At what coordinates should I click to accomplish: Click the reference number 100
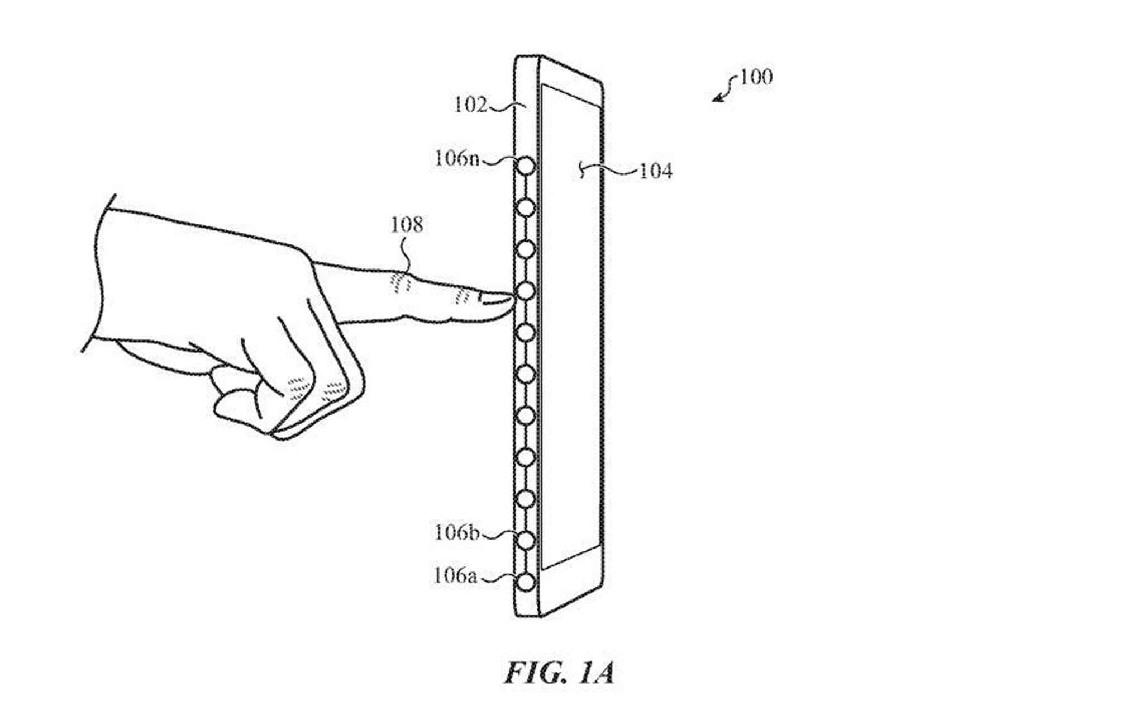tap(756, 77)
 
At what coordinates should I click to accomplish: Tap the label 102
tap(470, 105)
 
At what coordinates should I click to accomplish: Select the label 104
tap(655, 171)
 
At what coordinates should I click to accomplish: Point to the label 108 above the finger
tap(406, 225)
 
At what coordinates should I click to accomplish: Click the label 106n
tap(456, 159)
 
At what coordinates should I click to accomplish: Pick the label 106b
tap(456, 532)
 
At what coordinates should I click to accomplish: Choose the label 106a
tap(455, 575)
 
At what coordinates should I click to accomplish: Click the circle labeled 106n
tap(526, 166)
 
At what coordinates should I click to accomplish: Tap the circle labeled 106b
tap(526, 540)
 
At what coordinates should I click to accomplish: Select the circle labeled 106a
tap(526, 583)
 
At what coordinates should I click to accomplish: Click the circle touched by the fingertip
tap(526, 291)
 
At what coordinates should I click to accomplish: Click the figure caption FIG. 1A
tap(559, 673)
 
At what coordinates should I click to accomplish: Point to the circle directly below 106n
tap(526, 207)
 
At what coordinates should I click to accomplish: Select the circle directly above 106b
tap(526, 498)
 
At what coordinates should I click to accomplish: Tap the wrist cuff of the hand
tap(101, 274)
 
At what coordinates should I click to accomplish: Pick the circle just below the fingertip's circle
tap(526, 332)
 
